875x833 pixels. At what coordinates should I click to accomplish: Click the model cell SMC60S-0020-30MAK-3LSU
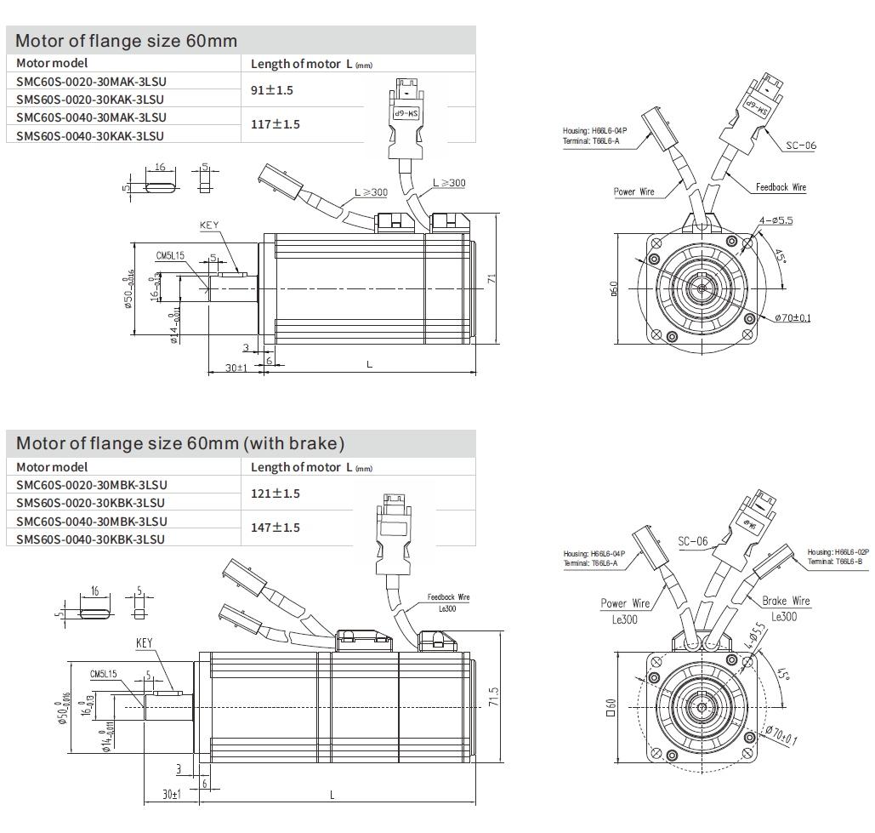[x=91, y=81]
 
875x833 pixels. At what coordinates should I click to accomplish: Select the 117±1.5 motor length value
[x=276, y=124]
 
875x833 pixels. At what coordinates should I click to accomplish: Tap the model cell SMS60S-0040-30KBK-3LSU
[x=91, y=539]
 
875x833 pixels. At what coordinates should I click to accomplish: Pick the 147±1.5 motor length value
[x=276, y=528]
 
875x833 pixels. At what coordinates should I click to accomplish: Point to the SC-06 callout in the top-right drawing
[x=799, y=145]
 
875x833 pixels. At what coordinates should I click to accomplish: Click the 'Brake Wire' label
[x=786, y=601]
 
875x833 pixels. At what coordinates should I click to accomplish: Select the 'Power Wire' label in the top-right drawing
[x=634, y=192]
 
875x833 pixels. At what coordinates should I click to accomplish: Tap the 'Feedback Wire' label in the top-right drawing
[x=781, y=187]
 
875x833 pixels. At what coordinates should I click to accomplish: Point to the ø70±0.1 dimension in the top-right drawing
[x=792, y=318]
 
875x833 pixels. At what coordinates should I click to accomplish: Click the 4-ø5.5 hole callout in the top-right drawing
[x=776, y=220]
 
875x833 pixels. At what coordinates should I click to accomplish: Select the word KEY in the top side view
[x=209, y=225]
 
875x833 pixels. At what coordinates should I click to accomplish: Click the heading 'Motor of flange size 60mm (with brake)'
[x=180, y=443]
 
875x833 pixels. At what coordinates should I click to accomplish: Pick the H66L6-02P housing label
[x=838, y=552]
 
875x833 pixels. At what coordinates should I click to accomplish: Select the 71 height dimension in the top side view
[x=491, y=279]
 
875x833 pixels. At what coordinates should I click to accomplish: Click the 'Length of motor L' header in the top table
[x=311, y=64]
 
